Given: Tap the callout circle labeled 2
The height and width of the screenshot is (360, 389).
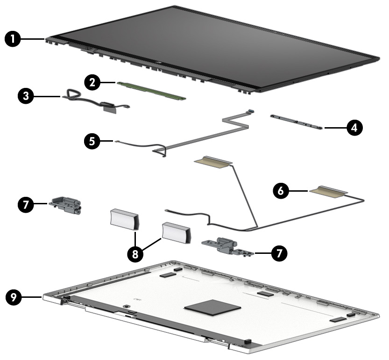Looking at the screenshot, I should coord(93,82).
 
